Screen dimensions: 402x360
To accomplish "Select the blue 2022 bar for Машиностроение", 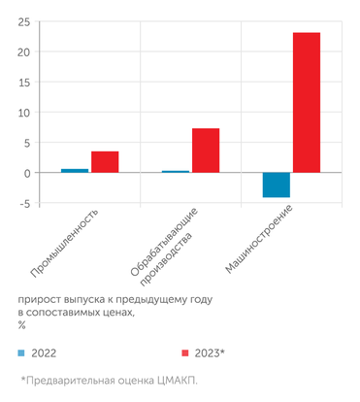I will pyautogui.click(x=277, y=184).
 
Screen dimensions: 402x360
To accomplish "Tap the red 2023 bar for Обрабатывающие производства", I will pyautogui.click(x=206, y=151).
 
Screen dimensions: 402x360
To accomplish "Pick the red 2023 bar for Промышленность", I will pyautogui.click(x=105, y=162).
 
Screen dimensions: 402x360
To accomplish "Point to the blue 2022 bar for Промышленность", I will pyautogui.click(x=75, y=171).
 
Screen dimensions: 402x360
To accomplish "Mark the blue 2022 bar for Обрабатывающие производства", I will pyautogui.click(x=176, y=172).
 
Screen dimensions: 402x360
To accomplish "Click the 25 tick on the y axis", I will pyautogui.click(x=23, y=21).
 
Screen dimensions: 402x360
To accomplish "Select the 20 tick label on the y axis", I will pyautogui.click(x=23, y=51).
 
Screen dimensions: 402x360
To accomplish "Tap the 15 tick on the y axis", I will pyautogui.click(x=24, y=82).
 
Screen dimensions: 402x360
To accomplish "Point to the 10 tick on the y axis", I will pyautogui.click(x=24, y=112).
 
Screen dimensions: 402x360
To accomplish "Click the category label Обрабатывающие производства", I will pyautogui.click(x=167, y=242).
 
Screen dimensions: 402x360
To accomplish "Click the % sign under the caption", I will pyautogui.click(x=21, y=325).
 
